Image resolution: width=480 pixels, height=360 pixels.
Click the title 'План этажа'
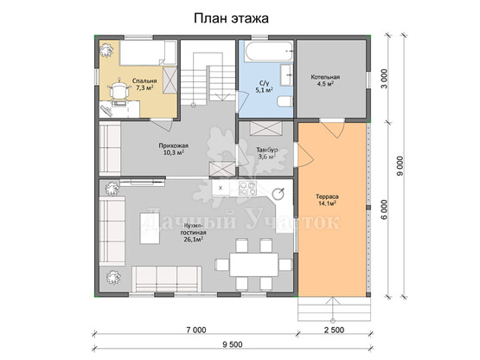231,18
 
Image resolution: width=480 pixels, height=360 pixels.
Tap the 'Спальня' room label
144,80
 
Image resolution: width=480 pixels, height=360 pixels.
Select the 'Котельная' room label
325,77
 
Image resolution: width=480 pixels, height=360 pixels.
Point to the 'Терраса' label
327,196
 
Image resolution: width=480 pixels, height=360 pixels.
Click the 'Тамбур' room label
267,150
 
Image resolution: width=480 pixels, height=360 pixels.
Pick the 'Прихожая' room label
173,145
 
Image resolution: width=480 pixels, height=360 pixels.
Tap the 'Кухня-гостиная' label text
193,229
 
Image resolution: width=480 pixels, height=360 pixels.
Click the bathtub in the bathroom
268,51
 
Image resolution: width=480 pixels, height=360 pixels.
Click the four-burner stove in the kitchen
247,188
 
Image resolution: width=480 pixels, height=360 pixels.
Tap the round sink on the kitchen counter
278,193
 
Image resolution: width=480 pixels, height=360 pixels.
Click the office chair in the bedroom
118,90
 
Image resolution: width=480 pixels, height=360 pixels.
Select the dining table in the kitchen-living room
254,264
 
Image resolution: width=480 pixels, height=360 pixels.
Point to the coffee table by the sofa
150,228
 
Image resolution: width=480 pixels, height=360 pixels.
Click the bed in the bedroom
148,53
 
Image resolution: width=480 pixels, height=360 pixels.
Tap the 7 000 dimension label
196,330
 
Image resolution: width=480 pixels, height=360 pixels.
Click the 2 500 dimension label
334,330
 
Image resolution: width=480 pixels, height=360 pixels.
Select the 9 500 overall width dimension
233,344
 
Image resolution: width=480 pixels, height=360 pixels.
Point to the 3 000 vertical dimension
385,79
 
